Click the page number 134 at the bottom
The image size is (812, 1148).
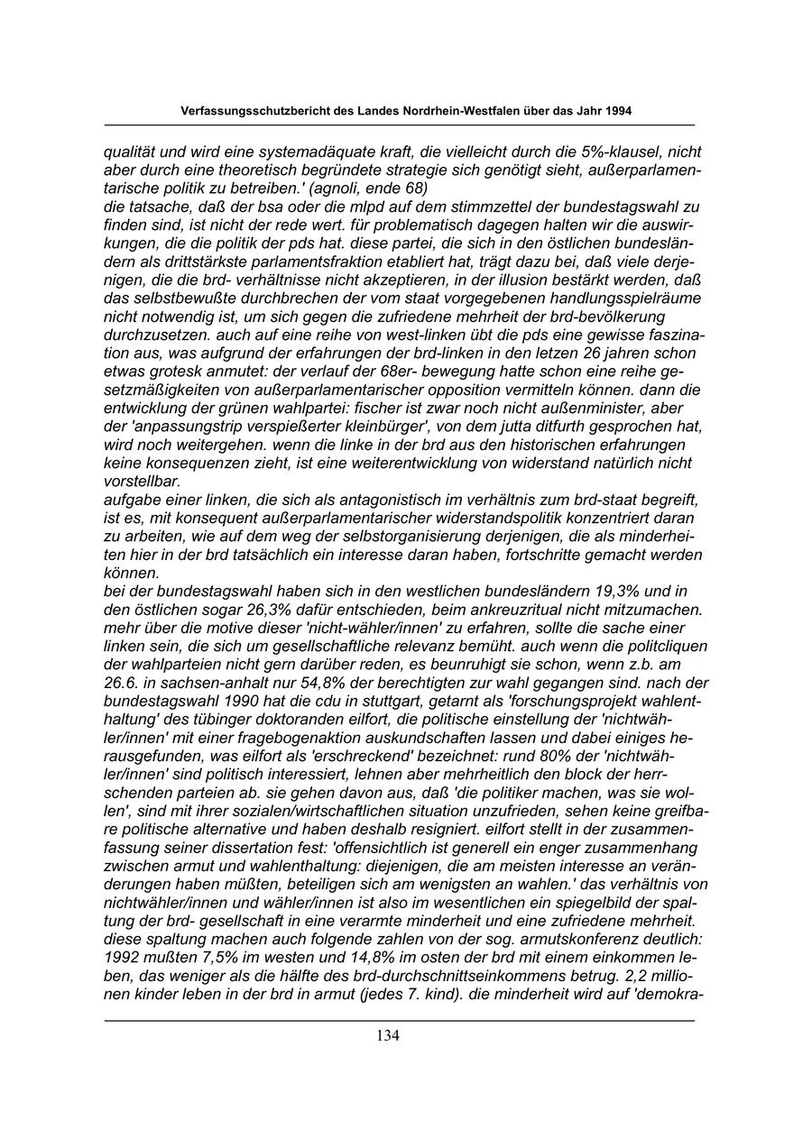[388, 1035]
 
